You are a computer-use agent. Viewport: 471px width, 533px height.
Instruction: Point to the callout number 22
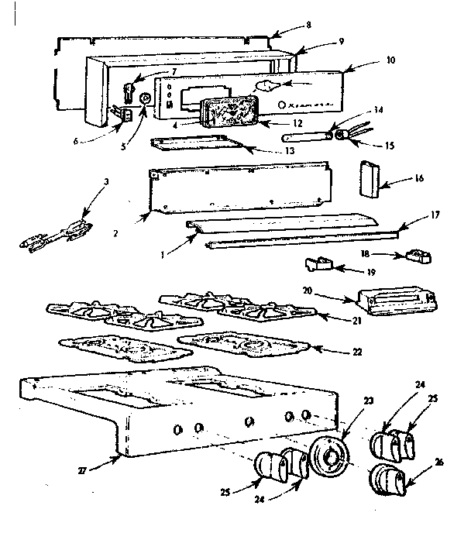357,351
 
